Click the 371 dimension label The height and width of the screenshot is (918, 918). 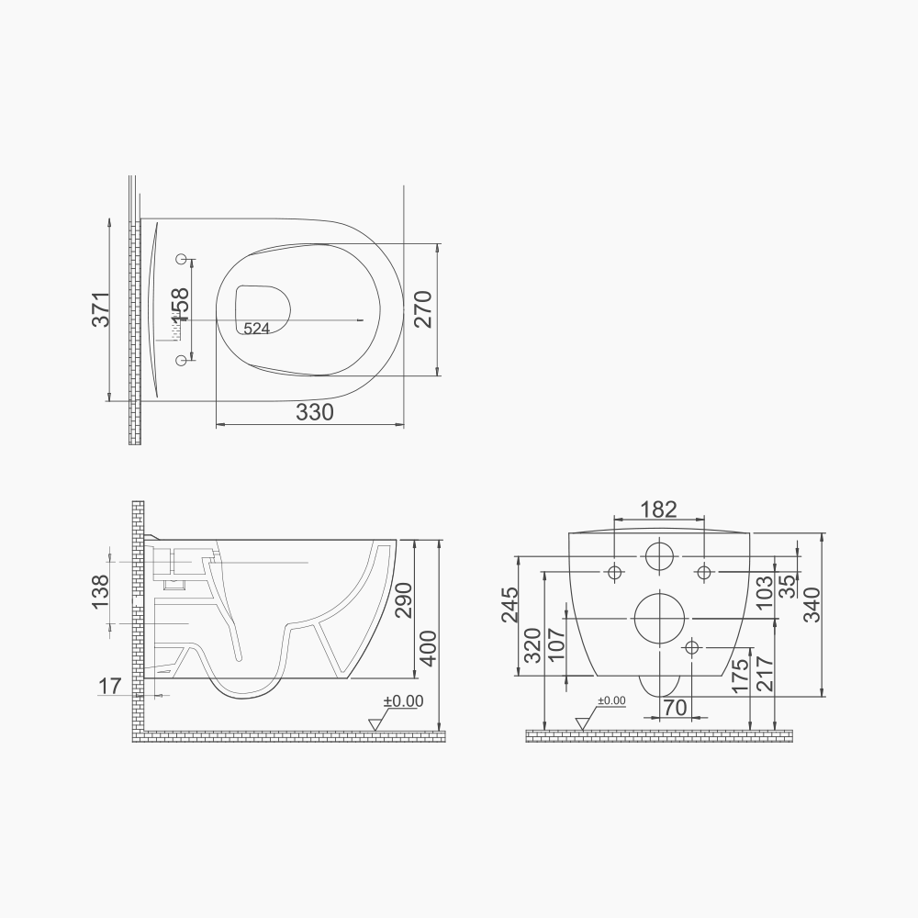[x=102, y=309]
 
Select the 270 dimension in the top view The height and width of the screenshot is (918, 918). [x=422, y=309]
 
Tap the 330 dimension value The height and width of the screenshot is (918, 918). [x=315, y=413]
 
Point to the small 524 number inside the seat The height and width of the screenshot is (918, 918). [x=256, y=328]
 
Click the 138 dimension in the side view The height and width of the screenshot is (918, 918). [x=102, y=591]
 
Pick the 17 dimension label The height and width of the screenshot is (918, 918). [x=111, y=684]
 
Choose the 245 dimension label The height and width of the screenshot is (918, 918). [x=511, y=604]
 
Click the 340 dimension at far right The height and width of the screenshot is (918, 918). [x=812, y=604]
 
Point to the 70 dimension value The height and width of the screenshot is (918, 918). [x=676, y=708]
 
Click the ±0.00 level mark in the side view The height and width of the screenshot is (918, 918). [x=403, y=701]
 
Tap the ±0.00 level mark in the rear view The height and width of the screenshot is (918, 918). [x=610, y=701]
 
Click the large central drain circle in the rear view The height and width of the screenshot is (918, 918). [x=659, y=617]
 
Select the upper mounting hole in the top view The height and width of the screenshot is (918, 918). [x=181, y=259]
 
